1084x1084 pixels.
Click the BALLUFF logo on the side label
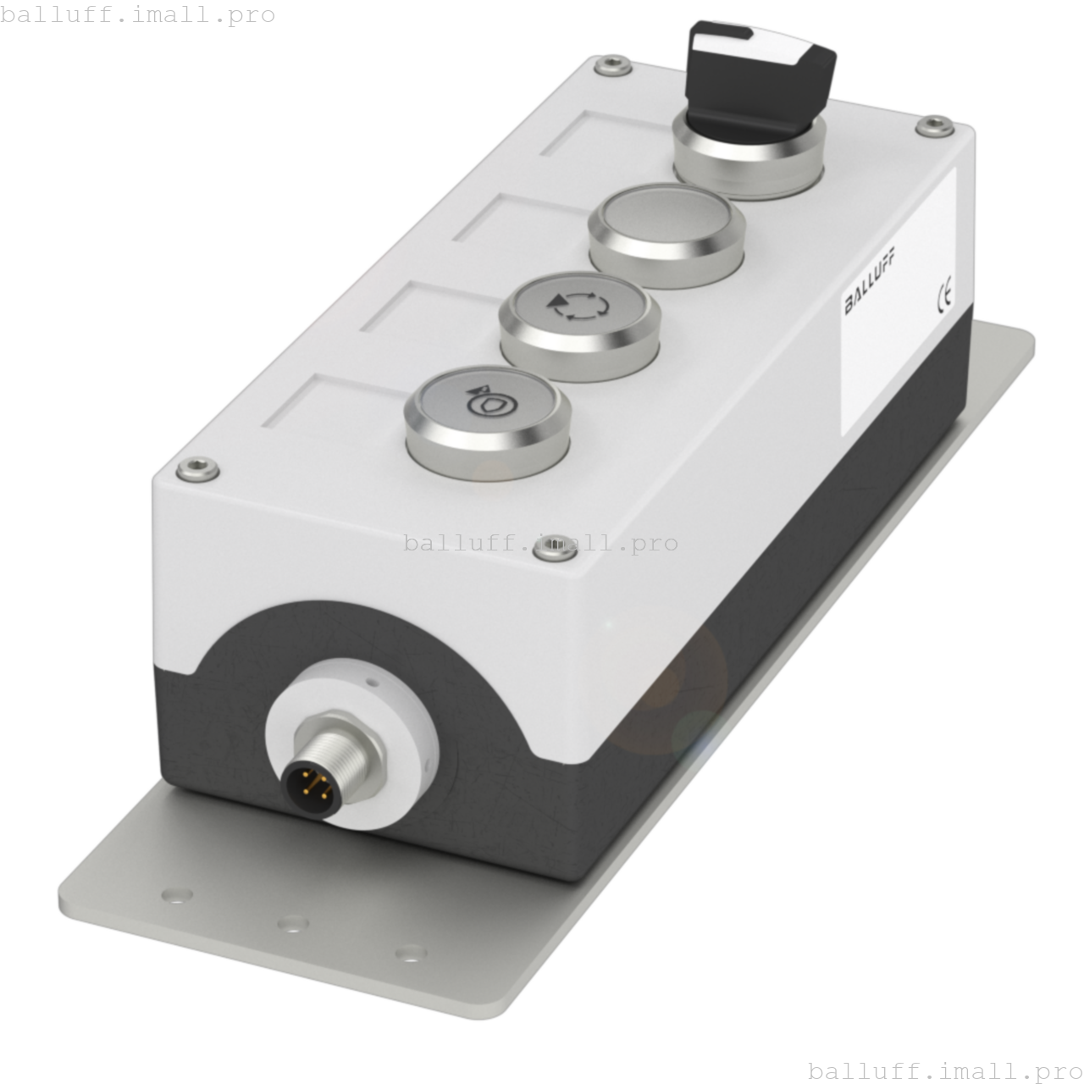pyautogui.click(x=871, y=279)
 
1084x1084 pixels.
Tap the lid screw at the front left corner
pyautogui.click(x=196, y=468)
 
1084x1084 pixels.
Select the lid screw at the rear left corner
pyautogui.click(x=611, y=65)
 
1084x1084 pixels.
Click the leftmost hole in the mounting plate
pyautogui.click(x=176, y=894)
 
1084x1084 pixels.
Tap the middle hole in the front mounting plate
pyautogui.click(x=293, y=922)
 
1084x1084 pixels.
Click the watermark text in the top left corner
pyautogui.click(x=138, y=14)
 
